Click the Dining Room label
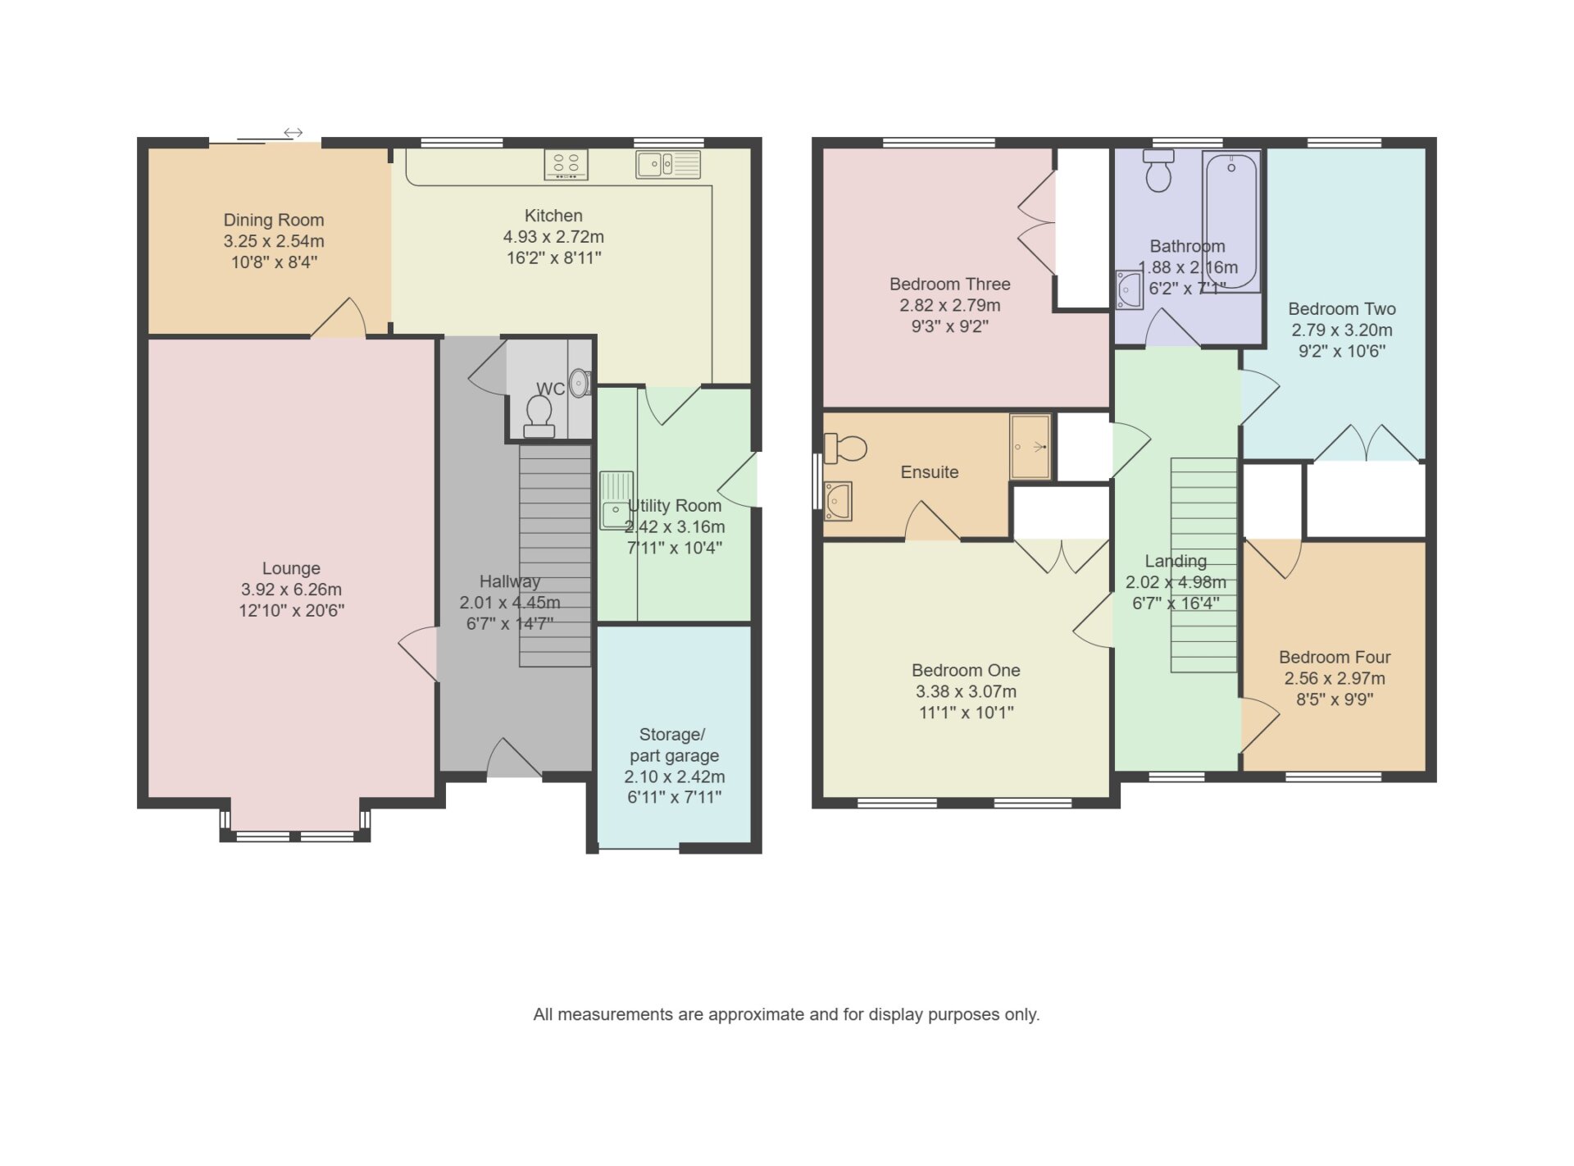point(274,220)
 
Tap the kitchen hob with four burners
point(566,164)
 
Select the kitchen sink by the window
point(668,164)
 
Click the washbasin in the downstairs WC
point(580,383)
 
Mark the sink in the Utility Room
point(616,499)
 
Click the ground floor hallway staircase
point(555,555)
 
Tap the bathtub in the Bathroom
point(1231,221)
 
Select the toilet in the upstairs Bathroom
point(1158,171)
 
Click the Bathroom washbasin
point(1129,289)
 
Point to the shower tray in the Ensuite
point(1030,446)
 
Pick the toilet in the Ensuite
point(845,448)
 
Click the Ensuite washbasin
point(838,501)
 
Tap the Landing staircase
point(1203,565)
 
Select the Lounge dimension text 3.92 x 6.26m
point(291,590)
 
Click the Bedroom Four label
point(1335,657)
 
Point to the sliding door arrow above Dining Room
point(293,132)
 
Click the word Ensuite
point(930,471)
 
